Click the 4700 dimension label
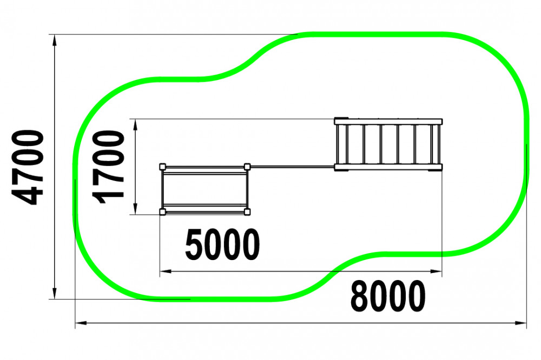tap(28, 167)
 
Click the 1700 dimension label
tap(108, 167)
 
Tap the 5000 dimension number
tap(222, 245)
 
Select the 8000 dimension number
tap(388, 296)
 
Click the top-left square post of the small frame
tap(163, 167)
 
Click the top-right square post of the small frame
tap(247, 167)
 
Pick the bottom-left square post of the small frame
tap(163, 212)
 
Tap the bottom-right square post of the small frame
tap(247, 212)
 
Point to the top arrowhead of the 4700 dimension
tap(54, 40)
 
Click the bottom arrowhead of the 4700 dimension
tap(54, 294)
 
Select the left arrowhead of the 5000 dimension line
tap(166, 271)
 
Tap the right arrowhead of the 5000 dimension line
tap(436, 271)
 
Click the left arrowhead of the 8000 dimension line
tap(81, 323)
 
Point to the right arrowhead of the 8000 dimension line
tap(521, 323)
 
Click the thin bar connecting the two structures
tap(292, 167)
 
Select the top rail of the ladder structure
tap(388, 122)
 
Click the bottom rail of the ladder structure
tap(388, 167)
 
